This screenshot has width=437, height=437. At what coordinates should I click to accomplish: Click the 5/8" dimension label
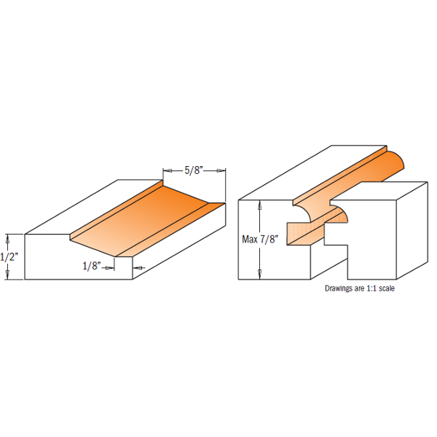(193, 170)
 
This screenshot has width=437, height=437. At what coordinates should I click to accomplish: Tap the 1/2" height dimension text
(9, 256)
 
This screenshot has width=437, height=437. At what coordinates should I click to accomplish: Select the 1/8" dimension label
(90, 267)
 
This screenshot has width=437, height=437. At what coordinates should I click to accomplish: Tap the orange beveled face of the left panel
(153, 219)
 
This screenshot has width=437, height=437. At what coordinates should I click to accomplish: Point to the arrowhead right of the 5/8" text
(221, 170)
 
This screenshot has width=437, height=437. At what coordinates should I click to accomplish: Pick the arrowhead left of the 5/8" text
(166, 170)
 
